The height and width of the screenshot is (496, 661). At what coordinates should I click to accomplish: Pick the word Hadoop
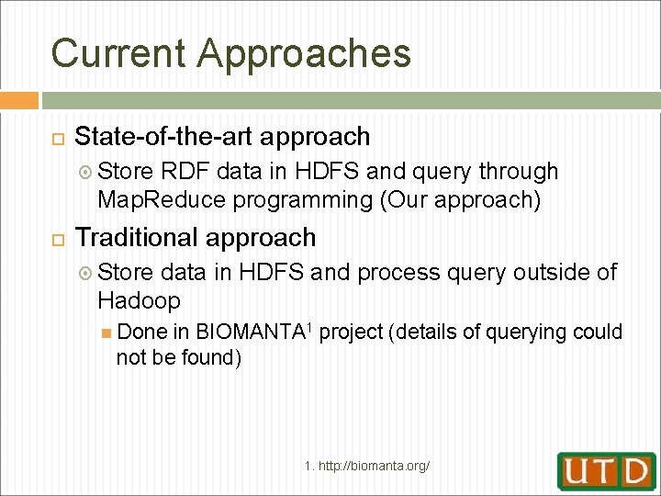(139, 300)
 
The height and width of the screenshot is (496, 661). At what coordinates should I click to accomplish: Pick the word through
(519, 172)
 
